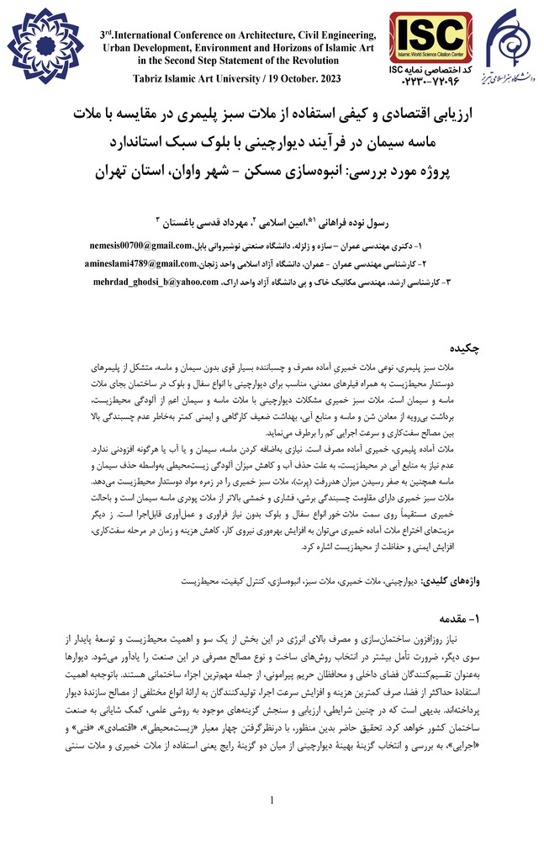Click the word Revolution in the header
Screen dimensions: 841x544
(333, 60)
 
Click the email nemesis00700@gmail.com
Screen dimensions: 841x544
(140, 246)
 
